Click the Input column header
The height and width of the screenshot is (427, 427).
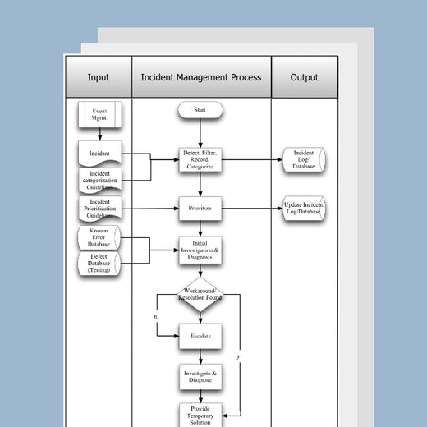pyautogui.click(x=99, y=78)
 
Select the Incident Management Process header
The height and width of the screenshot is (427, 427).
pyautogui.click(x=201, y=78)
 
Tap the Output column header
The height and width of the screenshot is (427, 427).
pyautogui.click(x=304, y=78)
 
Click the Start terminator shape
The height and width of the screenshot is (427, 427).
pyautogui.click(x=199, y=109)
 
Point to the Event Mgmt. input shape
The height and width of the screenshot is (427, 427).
pyautogui.click(x=99, y=115)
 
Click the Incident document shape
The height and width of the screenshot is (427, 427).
pyautogui.click(x=99, y=152)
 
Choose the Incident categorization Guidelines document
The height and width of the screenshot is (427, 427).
pyautogui.click(x=99, y=180)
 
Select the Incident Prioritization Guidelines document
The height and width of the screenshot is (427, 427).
pyautogui.click(x=99, y=209)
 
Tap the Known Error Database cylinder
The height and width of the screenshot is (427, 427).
pyautogui.click(x=99, y=237)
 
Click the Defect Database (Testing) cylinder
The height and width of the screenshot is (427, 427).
pyautogui.click(x=99, y=264)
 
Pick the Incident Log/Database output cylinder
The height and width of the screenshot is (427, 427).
pyautogui.click(x=303, y=159)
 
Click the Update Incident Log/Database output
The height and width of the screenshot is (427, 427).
pyautogui.click(x=303, y=209)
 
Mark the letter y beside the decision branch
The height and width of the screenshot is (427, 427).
pyautogui.click(x=238, y=357)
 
